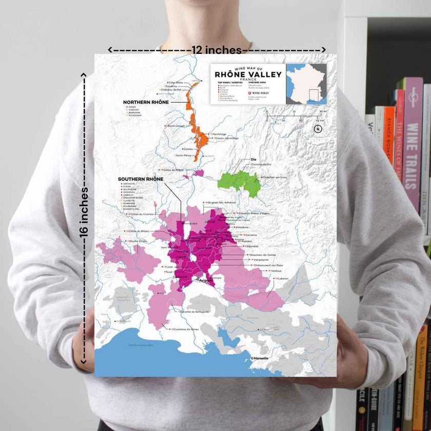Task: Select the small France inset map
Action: (x=306, y=84)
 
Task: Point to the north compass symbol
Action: (x=317, y=129)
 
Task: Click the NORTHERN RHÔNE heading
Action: (x=146, y=102)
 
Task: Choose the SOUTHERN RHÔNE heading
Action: (x=141, y=179)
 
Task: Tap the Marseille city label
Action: (x=261, y=358)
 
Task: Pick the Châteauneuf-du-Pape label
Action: (x=269, y=265)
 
